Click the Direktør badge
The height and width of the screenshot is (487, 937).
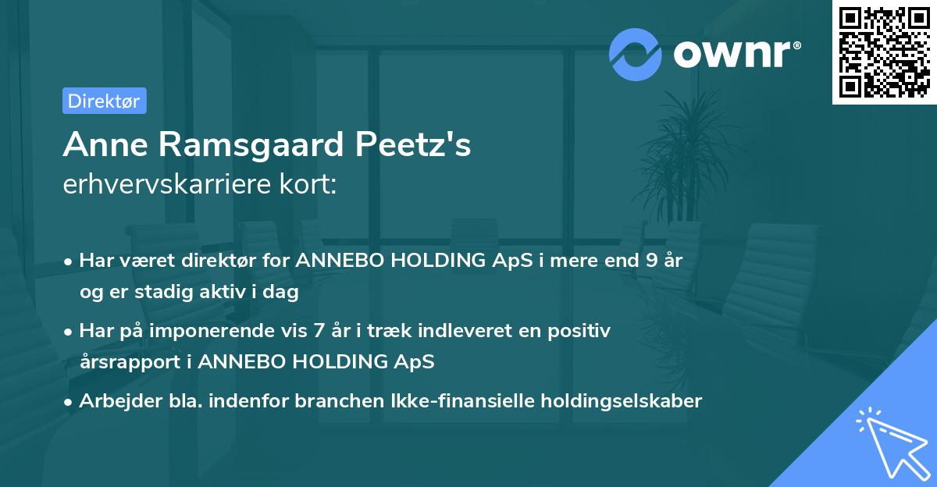pos(104,101)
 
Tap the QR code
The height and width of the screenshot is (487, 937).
pos(884,52)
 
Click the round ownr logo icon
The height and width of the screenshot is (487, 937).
pos(636,54)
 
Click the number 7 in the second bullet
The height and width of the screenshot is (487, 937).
pos(319,330)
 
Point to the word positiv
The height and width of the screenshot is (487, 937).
pos(579,330)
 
